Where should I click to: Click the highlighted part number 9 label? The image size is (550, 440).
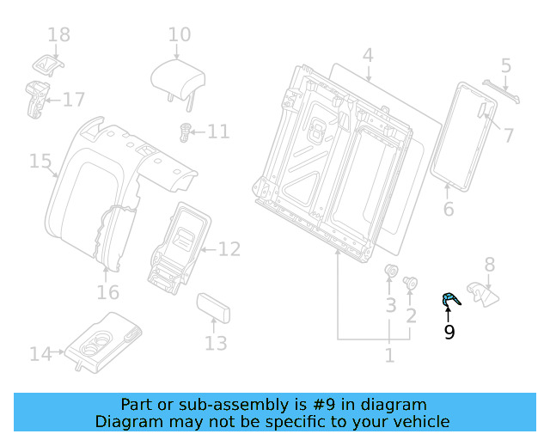449,332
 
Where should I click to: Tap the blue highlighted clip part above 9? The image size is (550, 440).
449,300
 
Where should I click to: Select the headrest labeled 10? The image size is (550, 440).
178,78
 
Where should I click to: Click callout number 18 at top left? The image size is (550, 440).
58,35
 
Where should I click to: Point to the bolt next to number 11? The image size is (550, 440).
183,131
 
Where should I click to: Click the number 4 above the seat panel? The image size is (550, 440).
368,57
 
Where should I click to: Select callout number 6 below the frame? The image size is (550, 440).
448,209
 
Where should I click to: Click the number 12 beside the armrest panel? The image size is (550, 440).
229,250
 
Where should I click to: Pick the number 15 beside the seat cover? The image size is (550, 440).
40,161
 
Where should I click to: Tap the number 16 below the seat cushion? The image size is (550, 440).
107,293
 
